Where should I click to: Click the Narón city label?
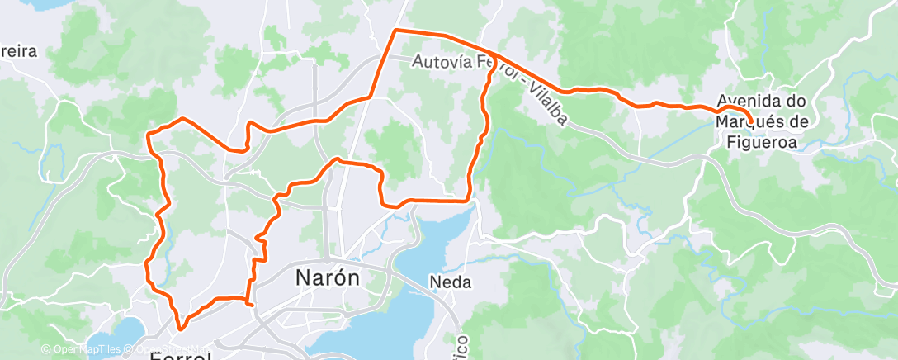[328, 278]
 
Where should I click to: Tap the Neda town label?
[451, 282]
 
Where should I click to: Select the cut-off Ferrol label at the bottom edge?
[181, 356]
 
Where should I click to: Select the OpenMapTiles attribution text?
[83, 349]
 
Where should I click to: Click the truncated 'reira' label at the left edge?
[18, 51]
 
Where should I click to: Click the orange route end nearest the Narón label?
[251, 304]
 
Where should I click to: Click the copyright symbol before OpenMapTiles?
[46, 349]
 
